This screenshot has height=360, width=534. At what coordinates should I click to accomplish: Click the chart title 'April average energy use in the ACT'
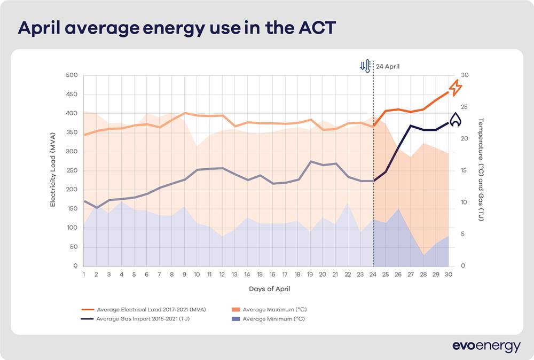click(x=177, y=28)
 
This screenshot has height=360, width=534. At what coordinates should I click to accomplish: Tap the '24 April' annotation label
click(x=387, y=67)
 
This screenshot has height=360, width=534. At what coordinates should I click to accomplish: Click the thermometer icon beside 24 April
click(x=365, y=66)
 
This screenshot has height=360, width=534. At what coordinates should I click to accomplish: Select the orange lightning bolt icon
click(x=455, y=88)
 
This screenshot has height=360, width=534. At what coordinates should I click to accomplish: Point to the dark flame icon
click(x=455, y=120)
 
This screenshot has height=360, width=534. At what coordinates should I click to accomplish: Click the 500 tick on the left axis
click(x=71, y=75)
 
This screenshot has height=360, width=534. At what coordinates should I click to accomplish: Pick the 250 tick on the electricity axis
click(x=71, y=171)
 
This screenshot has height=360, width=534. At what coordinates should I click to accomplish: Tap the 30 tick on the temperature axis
click(x=464, y=75)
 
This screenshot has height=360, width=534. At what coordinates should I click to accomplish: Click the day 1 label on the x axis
click(x=84, y=274)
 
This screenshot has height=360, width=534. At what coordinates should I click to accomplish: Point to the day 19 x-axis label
click(x=310, y=274)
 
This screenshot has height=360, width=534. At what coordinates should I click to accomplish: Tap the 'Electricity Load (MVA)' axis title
click(x=53, y=171)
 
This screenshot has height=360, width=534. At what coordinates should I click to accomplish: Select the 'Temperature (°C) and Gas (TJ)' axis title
click(x=481, y=170)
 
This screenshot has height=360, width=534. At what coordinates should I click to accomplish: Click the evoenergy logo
click(x=486, y=346)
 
